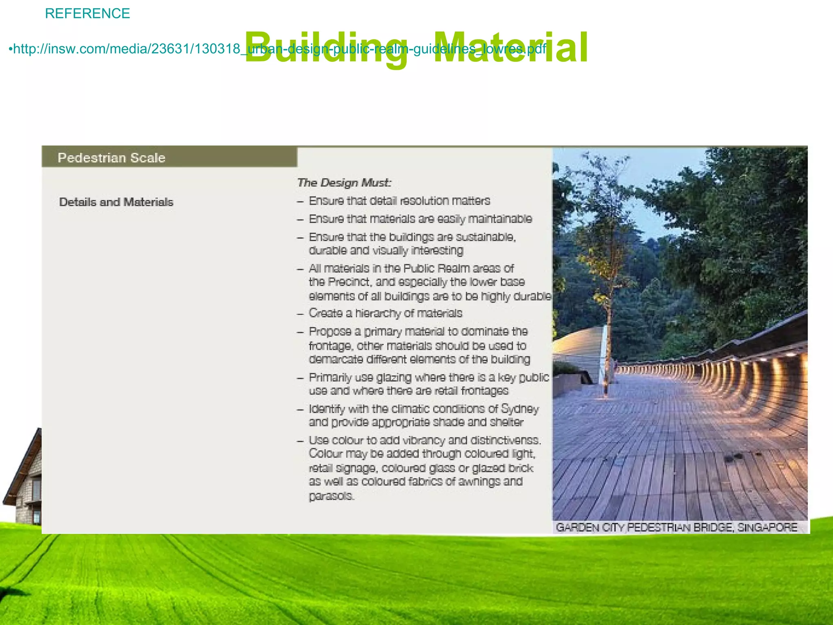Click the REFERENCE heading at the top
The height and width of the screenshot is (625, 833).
point(87,13)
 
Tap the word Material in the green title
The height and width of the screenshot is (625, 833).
point(510,48)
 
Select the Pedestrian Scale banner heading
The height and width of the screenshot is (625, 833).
point(111,158)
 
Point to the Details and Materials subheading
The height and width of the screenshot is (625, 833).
point(116,202)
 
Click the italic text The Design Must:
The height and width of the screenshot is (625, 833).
point(344,183)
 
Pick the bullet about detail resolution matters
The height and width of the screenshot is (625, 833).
point(399,201)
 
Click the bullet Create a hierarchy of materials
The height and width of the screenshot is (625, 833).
point(385,313)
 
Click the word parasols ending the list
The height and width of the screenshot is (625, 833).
point(331,496)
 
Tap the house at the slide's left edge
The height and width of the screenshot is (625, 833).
point(24,480)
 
